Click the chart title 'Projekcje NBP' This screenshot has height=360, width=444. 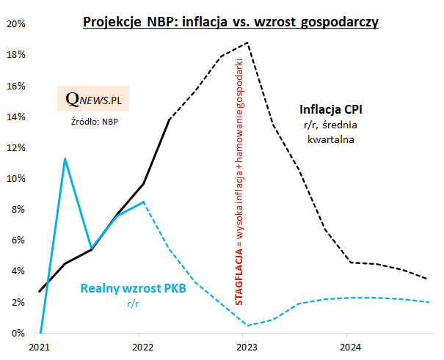230,22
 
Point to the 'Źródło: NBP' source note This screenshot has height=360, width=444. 93,121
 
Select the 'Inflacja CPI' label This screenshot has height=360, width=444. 331,110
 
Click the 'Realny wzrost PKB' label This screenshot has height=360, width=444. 133,290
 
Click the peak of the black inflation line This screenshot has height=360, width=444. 248,43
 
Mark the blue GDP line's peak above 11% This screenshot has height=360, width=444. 65,158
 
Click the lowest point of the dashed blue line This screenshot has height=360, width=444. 247,326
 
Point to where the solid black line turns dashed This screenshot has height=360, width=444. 170,119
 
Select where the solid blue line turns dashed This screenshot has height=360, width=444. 144,202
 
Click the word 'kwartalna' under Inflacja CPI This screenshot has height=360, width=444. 331,139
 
